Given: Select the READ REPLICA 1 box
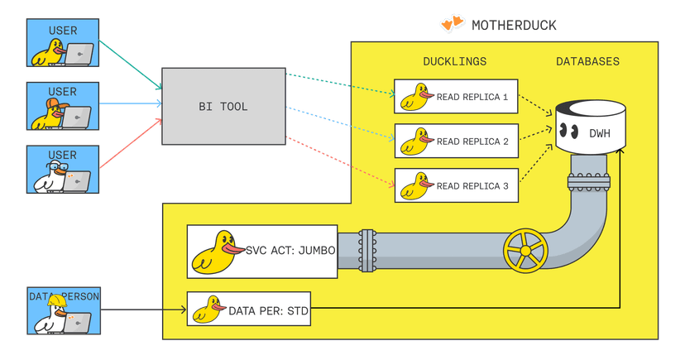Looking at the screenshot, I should [x=456, y=97].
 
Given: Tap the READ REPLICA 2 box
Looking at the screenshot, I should [x=456, y=142].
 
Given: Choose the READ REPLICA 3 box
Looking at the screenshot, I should [x=456, y=185].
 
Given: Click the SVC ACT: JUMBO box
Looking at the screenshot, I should [x=262, y=252].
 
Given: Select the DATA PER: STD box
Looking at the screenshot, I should [x=248, y=310].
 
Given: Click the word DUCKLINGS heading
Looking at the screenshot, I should [x=454, y=62].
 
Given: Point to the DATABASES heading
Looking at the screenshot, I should [x=587, y=62].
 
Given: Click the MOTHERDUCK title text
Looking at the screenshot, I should [x=514, y=25].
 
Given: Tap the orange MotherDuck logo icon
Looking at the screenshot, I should [x=451, y=24].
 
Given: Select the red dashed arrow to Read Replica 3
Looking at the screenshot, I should [x=339, y=161].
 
